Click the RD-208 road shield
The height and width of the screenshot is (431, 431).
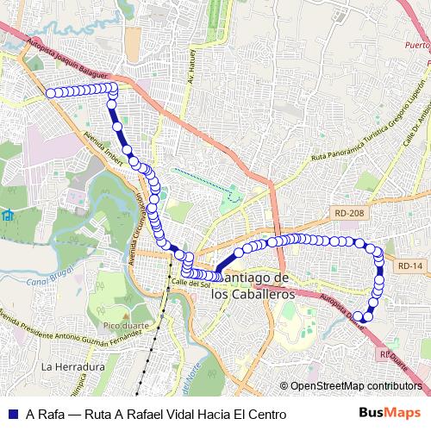[x=341, y=209]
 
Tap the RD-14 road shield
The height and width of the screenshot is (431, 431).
[x=411, y=266]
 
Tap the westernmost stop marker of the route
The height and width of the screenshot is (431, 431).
[x=50, y=93]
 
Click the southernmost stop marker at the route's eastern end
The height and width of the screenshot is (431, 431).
[x=367, y=316]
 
